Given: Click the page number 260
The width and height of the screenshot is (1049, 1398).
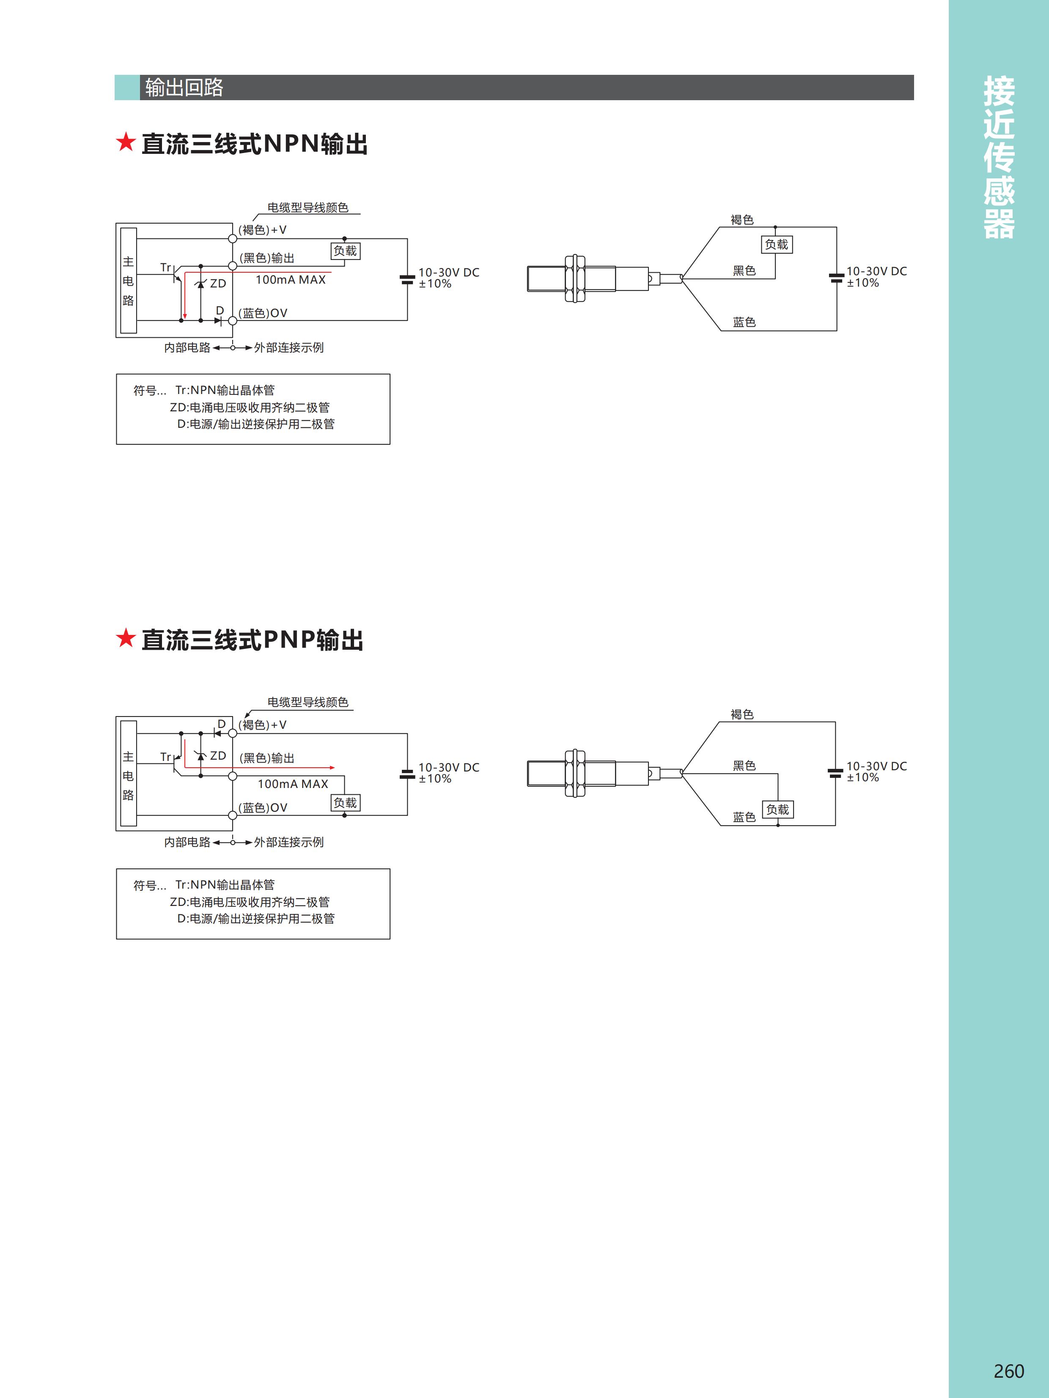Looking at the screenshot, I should click(1008, 1371).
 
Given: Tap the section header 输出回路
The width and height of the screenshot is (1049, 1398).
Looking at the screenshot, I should click(184, 87).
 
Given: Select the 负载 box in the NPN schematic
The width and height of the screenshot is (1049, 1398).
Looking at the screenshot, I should click(345, 251).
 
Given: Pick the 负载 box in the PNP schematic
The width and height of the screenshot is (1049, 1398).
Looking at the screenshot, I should click(345, 803).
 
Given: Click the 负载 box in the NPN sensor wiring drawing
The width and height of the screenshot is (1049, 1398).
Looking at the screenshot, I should click(777, 245).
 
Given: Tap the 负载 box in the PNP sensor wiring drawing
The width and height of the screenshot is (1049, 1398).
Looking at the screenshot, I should click(778, 810).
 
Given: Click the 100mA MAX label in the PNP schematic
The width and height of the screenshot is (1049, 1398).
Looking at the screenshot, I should click(293, 784).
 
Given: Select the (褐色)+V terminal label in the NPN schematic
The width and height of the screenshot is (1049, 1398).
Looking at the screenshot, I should click(262, 230).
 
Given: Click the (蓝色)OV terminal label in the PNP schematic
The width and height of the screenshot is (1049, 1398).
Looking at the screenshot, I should click(263, 808).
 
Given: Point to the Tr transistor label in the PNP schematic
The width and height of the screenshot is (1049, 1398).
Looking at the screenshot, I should click(166, 757).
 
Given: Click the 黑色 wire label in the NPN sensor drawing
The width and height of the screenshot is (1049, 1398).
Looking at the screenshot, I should click(744, 271).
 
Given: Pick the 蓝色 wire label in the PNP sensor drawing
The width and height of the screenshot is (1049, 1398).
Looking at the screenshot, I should click(744, 817).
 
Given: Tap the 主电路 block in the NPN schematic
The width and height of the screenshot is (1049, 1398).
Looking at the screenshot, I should click(128, 281).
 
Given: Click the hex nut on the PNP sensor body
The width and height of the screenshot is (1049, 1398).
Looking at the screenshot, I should click(575, 774).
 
